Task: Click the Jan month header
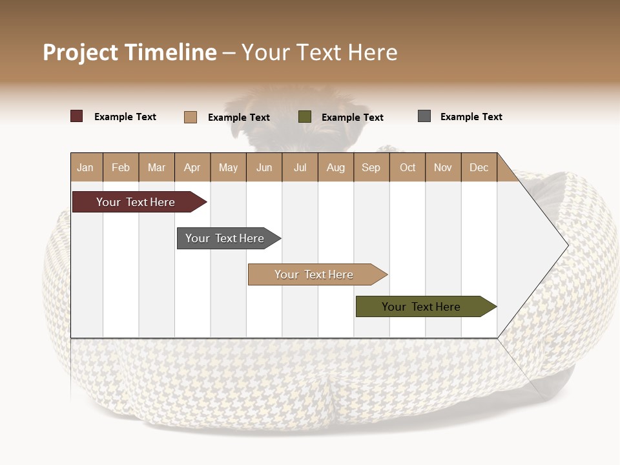coord(85,167)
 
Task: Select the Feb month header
coord(121,167)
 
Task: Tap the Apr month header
coord(192,167)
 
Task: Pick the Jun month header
coord(264,167)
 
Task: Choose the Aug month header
coord(336,167)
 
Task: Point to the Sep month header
coord(371,167)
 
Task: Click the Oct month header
coord(408,167)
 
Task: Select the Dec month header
coord(479,167)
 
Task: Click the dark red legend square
coord(77,116)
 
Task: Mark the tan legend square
coord(191,117)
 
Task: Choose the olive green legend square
coord(305,116)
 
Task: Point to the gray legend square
coord(424,116)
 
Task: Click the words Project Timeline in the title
coord(130,52)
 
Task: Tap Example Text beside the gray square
coord(471,117)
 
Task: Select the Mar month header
coord(157,167)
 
